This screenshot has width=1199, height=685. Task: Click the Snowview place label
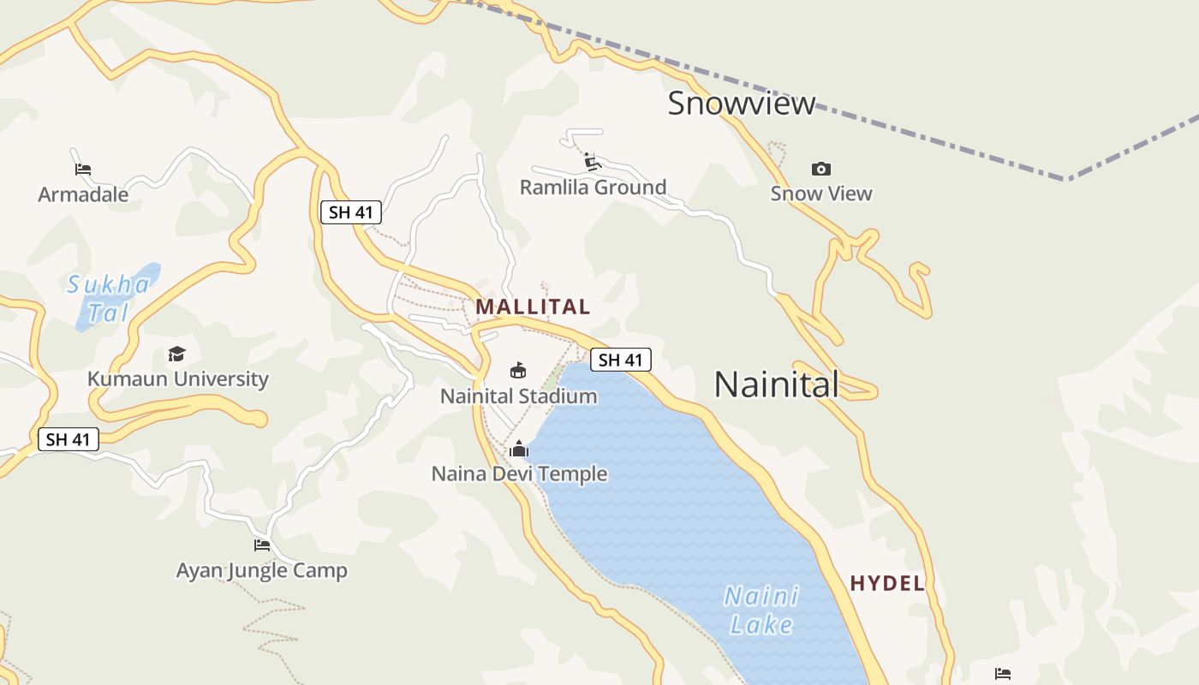coord(742,104)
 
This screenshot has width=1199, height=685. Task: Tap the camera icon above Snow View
coord(821,169)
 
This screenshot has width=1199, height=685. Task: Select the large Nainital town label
coord(776,384)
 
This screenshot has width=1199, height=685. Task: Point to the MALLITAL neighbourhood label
coord(533,307)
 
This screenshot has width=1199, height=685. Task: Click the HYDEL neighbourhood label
coord(887,584)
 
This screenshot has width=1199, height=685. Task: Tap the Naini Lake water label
coord(761,610)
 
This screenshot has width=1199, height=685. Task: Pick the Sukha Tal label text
coord(109,298)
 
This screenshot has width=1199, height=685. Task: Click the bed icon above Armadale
coord(83,169)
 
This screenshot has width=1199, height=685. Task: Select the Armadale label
coord(83,194)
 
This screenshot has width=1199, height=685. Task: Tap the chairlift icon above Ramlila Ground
coord(591,161)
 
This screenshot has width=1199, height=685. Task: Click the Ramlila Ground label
coord(593,188)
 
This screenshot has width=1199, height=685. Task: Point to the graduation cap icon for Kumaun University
coord(177,354)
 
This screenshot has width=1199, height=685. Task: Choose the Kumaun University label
coord(178,378)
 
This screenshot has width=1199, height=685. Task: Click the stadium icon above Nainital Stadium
coord(518,370)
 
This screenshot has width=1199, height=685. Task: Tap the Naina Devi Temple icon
coord(519,449)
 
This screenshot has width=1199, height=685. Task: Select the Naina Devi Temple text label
coord(519,474)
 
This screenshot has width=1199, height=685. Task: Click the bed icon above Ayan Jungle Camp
coord(262,545)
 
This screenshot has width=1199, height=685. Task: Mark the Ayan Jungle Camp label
coord(262,570)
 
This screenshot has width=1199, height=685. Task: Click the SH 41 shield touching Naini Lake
coord(621,360)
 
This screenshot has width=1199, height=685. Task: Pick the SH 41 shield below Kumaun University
coord(69,439)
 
